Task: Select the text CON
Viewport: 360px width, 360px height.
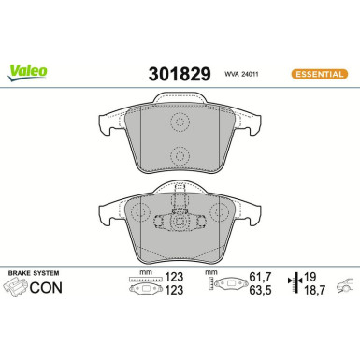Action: click(46, 287)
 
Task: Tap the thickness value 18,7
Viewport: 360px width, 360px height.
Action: click(320, 291)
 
